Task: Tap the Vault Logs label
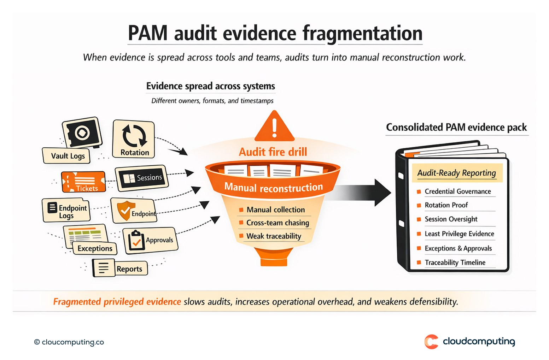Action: (68, 156)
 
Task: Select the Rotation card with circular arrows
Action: (134, 139)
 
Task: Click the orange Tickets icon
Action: (84, 182)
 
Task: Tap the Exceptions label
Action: (95, 248)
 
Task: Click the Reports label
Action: (129, 269)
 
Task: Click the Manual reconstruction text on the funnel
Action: (274, 187)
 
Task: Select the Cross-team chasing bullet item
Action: (278, 223)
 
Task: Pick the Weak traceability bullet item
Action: (274, 236)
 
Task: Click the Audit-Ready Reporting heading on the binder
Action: (456, 173)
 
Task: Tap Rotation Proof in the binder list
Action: (446, 205)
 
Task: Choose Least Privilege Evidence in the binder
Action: (459, 234)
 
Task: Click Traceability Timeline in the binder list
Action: (455, 262)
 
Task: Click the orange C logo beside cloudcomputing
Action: (431, 342)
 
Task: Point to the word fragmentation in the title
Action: (362, 33)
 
